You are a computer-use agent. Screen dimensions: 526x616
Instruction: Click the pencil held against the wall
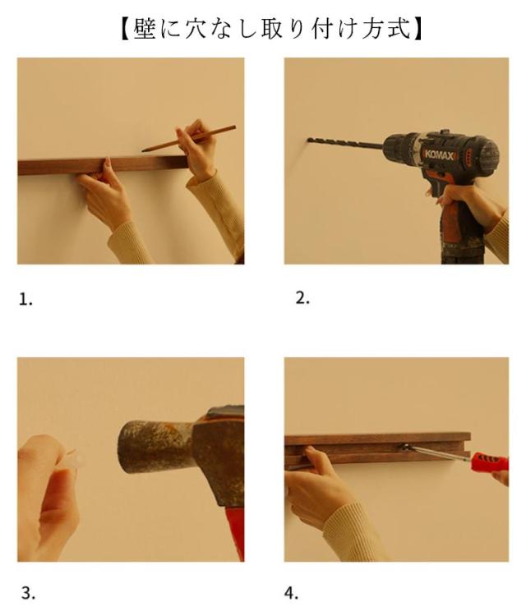tap(190, 138)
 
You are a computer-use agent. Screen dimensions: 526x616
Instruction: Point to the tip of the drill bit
tap(308, 140)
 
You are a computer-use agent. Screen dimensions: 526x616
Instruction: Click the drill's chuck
tap(401, 148)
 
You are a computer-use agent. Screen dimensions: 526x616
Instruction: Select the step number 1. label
tap(26, 300)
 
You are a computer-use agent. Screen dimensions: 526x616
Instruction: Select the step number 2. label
tap(302, 299)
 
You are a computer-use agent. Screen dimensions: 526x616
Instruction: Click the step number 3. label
tap(28, 592)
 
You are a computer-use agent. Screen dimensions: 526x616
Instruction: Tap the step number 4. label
tap(291, 592)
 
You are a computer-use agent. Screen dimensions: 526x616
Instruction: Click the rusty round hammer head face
tap(130, 446)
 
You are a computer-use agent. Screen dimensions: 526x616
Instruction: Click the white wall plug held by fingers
tap(75, 460)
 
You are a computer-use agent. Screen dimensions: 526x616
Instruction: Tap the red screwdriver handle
tap(490, 462)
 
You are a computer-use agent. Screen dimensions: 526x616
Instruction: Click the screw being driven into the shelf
tap(404, 446)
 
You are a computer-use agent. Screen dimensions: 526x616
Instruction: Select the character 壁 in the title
tap(145, 29)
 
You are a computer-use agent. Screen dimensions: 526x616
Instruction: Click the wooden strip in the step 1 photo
tap(103, 165)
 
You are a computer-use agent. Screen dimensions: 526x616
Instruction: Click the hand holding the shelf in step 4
tap(315, 487)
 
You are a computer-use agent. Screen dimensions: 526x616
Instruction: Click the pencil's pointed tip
tap(143, 150)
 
